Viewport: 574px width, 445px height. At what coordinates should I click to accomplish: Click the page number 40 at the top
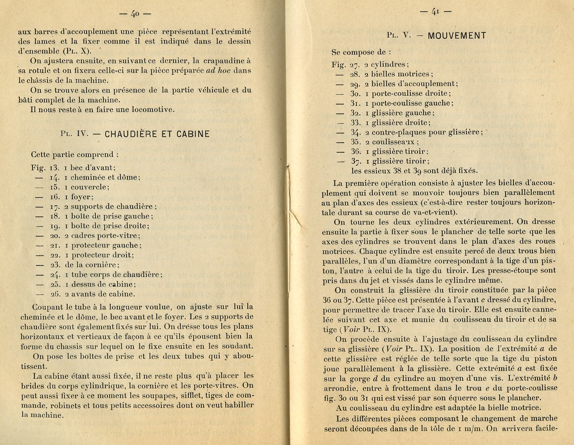[x=135, y=13]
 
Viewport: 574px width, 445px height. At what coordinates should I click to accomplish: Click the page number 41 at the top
[x=435, y=11]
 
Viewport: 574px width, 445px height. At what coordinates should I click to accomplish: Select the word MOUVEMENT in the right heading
[x=457, y=36]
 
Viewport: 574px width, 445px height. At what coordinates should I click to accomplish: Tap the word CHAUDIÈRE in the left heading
[x=133, y=134]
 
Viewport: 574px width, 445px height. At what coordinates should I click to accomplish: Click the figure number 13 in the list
[x=54, y=167]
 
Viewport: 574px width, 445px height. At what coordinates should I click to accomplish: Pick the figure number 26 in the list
[x=55, y=294]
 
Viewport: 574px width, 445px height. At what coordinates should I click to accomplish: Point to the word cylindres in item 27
[x=389, y=65]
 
